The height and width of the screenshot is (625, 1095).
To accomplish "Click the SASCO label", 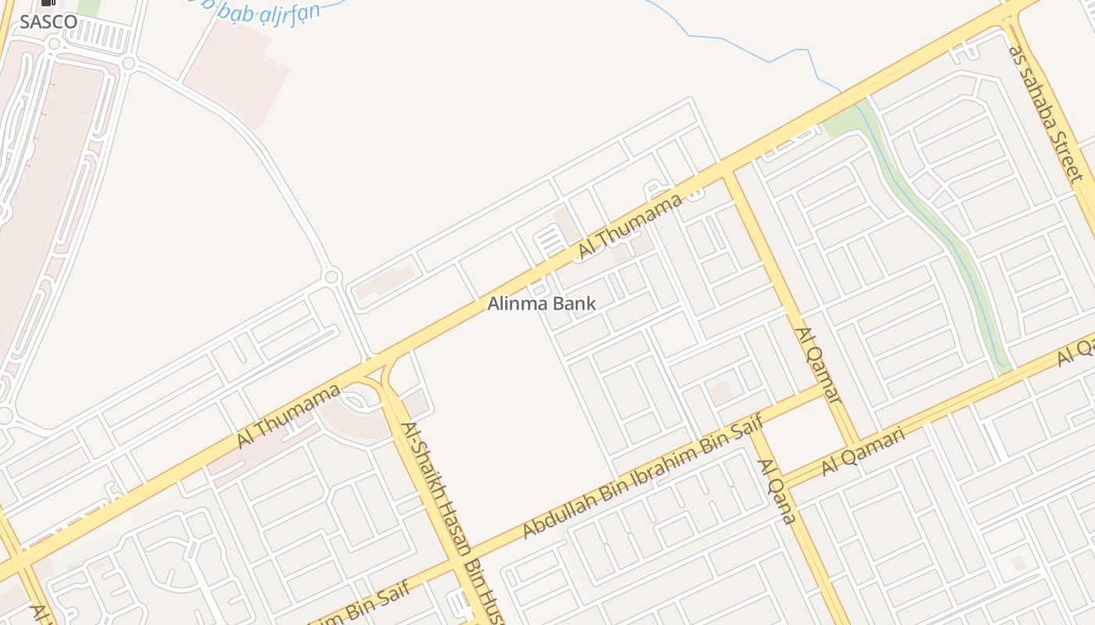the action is (48, 22).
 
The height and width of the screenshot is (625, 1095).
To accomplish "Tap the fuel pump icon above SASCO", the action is (48, 4).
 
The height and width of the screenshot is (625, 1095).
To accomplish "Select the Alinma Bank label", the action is (541, 303).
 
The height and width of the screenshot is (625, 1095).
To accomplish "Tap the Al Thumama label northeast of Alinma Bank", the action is (630, 227).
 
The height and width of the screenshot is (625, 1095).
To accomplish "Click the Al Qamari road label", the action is (863, 451).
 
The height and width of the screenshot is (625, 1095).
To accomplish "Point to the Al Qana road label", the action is (776, 491).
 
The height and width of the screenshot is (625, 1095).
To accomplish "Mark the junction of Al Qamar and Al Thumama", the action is (729, 173).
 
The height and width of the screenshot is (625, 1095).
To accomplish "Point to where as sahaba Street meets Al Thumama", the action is (1009, 20).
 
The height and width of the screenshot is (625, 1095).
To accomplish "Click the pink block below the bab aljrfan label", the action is (235, 74).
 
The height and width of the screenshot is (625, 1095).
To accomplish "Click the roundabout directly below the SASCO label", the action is (53, 45).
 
